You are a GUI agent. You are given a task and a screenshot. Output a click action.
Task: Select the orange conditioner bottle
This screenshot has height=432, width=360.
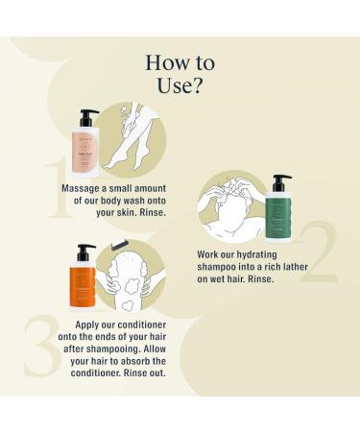[x=83, y=281]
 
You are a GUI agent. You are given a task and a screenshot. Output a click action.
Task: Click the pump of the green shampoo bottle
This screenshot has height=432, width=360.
[x=281, y=180]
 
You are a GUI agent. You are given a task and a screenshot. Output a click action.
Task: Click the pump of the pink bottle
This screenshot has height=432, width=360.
[x=88, y=115]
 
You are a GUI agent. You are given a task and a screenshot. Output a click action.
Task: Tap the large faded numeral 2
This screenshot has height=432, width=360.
[x=323, y=252]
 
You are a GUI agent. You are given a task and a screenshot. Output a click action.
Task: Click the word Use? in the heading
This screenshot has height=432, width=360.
[x=180, y=87]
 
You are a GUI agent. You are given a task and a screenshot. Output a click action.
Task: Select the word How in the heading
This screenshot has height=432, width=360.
[x=164, y=63]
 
